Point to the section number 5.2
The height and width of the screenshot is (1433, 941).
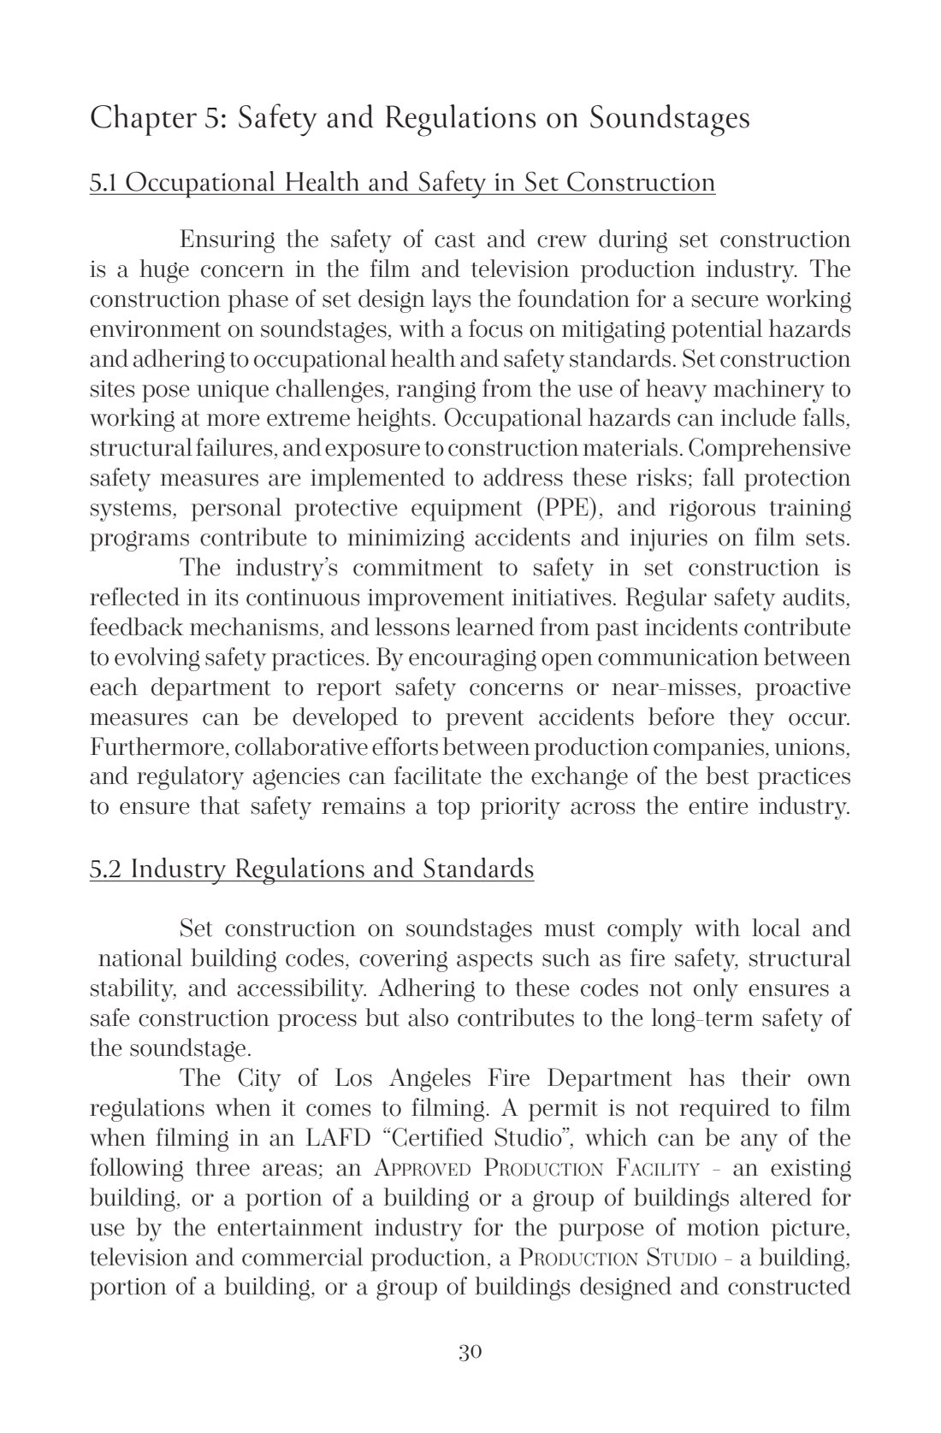(106, 869)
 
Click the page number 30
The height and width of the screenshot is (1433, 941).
(470, 1352)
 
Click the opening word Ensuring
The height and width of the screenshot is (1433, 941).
(228, 240)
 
